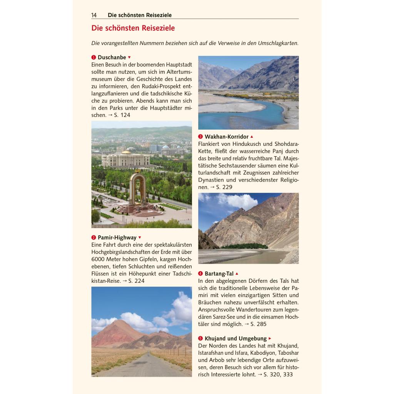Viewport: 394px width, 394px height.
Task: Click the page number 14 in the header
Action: pyautogui.click(x=94, y=15)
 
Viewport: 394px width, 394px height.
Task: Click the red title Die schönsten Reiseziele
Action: pyautogui.click(x=133, y=28)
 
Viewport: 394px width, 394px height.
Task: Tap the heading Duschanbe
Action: pyautogui.click(x=112, y=57)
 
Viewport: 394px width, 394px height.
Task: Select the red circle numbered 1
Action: pyautogui.click(x=93, y=57)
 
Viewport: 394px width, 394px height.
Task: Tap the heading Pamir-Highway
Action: pyautogui.click(x=117, y=237)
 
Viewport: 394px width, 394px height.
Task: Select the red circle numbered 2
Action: pyautogui.click(x=93, y=237)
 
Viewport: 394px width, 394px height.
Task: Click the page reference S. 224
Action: pyautogui.click(x=136, y=281)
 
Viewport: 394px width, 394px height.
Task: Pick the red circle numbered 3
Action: pyautogui.click(x=200, y=137)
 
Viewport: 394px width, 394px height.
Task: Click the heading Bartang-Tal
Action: pyautogui.click(x=219, y=274)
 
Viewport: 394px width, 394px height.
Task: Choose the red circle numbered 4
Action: pyautogui.click(x=200, y=274)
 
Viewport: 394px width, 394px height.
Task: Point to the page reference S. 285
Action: pyautogui.click(x=258, y=324)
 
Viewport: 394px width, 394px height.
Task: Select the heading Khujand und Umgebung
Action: pyautogui.click(x=235, y=339)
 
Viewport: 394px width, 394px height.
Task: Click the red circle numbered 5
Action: pyautogui.click(x=200, y=339)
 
